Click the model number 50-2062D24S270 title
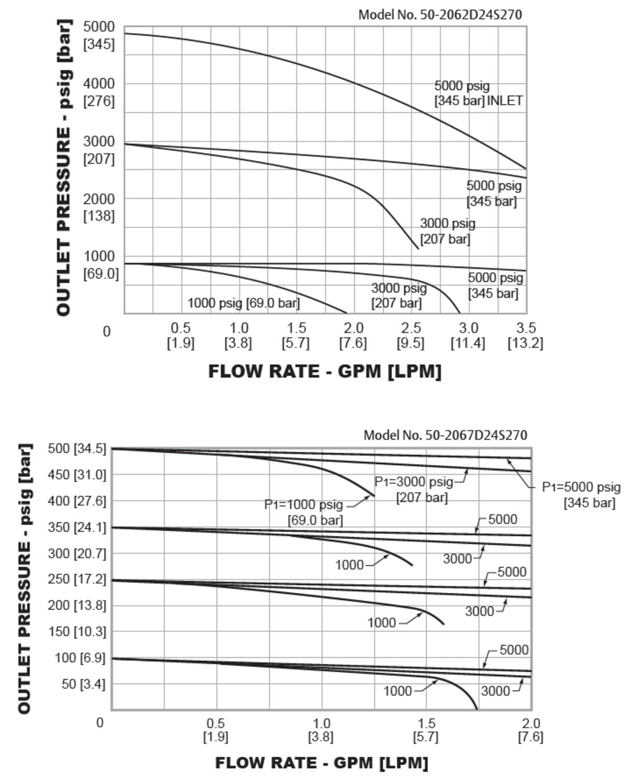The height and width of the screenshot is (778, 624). (x=440, y=15)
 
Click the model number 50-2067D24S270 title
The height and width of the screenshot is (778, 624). (x=445, y=435)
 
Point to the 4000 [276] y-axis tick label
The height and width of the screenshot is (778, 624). (x=99, y=92)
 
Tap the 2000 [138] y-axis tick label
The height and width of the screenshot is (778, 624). (x=99, y=207)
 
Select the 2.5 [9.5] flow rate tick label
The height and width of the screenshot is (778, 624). (x=410, y=336)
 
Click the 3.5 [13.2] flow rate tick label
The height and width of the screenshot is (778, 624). (x=525, y=336)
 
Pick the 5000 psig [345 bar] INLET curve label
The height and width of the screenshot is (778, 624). (x=478, y=93)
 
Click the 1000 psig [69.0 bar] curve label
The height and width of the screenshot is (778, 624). (x=243, y=303)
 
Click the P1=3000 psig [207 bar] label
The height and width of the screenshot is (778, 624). (x=414, y=489)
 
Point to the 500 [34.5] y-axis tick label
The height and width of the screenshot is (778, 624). (x=77, y=448)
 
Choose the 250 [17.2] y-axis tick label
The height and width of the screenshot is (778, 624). (x=77, y=579)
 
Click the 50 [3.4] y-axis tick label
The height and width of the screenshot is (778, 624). (x=83, y=684)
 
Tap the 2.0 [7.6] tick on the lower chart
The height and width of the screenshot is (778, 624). (x=530, y=730)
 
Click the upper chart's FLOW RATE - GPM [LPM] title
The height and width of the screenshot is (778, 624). (x=325, y=371)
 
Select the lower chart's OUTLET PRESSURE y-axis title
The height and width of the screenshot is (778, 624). (x=25, y=578)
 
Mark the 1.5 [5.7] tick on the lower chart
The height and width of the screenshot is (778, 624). (x=426, y=730)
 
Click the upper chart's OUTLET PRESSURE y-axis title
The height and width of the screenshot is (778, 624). (x=64, y=168)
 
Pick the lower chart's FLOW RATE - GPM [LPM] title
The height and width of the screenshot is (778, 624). (x=322, y=762)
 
